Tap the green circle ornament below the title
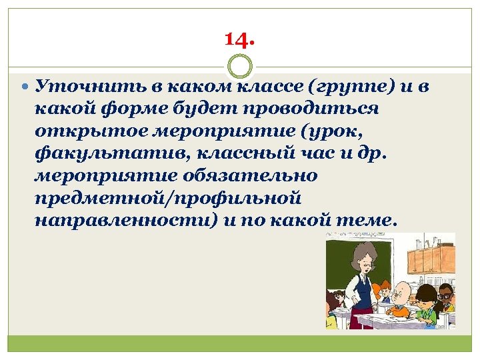click(x=240, y=67)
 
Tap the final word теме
click(x=366, y=219)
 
